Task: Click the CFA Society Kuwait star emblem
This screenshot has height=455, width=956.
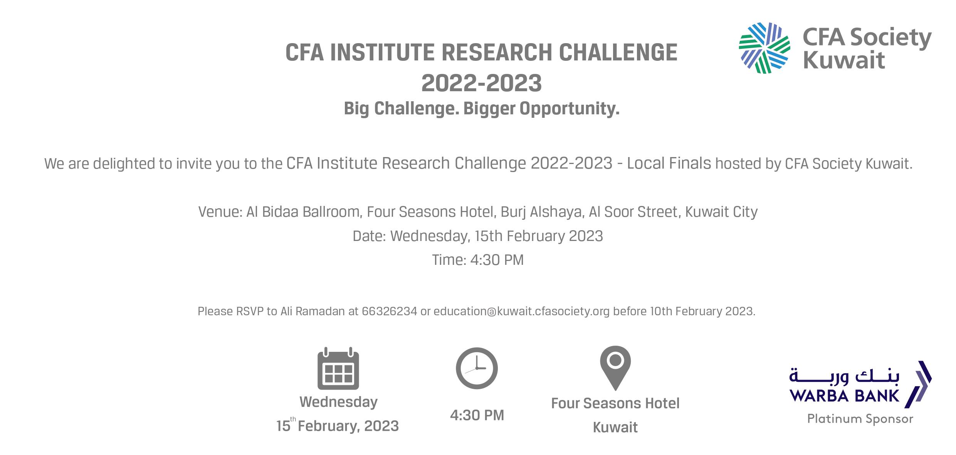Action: (764, 48)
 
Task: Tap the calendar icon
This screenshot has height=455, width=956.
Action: (338, 368)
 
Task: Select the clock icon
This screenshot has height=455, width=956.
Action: (477, 368)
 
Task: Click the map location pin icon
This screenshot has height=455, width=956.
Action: (615, 368)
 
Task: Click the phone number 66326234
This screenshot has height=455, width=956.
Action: (389, 311)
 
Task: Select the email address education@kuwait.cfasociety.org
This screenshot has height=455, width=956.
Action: (522, 311)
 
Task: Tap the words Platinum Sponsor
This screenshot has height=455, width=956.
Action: (860, 418)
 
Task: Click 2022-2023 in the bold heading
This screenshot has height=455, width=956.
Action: (481, 83)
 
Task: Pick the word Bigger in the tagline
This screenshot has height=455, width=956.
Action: (489, 109)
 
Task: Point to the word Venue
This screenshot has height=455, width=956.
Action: (219, 212)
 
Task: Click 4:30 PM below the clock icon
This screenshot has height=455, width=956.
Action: (477, 415)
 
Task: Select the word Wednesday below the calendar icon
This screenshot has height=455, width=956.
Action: (338, 402)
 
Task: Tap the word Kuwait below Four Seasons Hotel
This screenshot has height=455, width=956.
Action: (615, 427)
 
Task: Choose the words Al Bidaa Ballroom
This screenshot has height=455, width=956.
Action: (302, 212)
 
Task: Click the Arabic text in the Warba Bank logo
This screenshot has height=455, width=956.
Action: (844, 376)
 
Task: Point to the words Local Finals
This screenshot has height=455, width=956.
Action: (669, 164)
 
